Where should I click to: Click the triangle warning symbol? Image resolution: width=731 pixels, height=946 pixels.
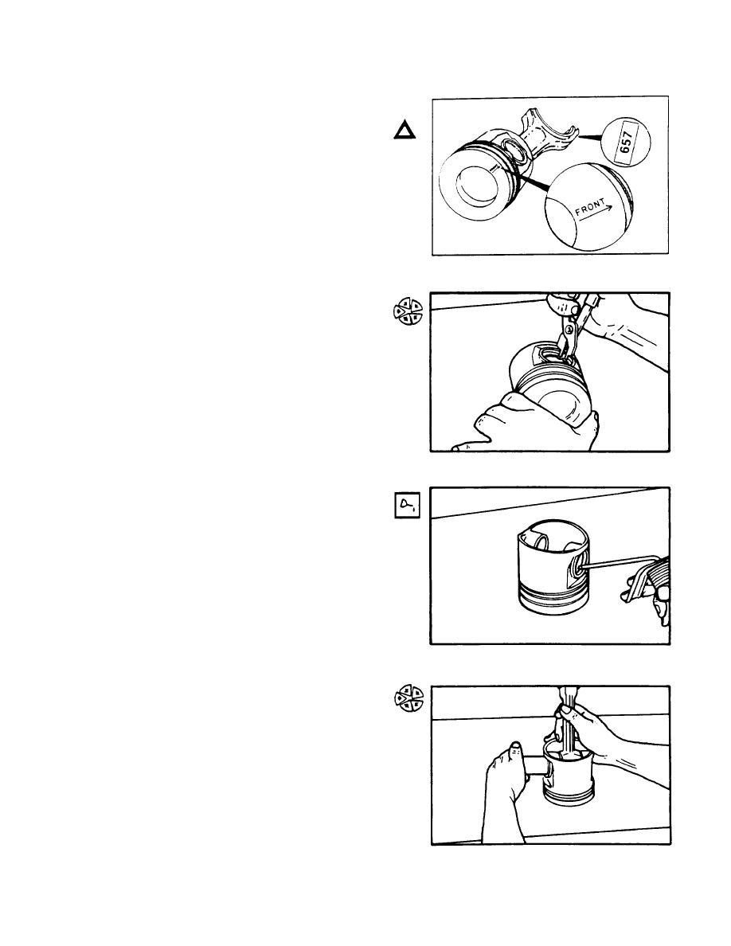[405, 131]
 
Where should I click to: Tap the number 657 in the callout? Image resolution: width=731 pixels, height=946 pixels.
[626, 142]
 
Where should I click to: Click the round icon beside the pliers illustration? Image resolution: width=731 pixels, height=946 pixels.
[408, 311]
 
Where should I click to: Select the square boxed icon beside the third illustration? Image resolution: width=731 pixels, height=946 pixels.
[406, 506]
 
